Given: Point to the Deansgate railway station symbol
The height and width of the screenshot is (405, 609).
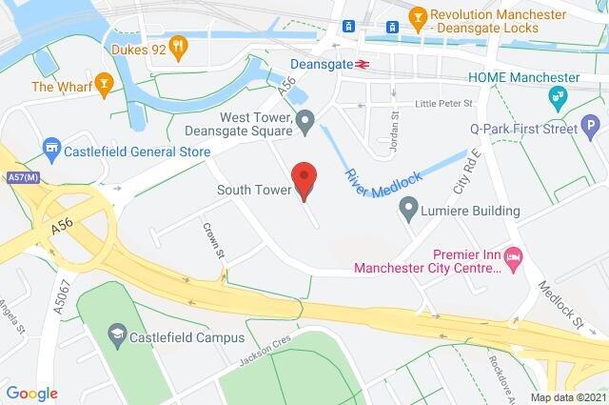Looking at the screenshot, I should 362,65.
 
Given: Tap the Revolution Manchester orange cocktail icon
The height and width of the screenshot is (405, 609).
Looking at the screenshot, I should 417,16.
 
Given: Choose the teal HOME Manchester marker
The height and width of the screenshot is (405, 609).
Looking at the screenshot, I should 557,96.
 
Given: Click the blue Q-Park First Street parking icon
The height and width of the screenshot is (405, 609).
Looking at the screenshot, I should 591,125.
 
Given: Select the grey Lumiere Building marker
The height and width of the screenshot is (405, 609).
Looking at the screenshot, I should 409,206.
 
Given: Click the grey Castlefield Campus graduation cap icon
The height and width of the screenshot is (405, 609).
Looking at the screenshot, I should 116,333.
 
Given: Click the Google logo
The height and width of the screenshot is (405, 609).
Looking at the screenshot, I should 31,393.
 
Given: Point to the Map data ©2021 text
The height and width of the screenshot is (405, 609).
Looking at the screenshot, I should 567,396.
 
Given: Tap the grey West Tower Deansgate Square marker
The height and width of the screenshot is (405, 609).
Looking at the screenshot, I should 304,120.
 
